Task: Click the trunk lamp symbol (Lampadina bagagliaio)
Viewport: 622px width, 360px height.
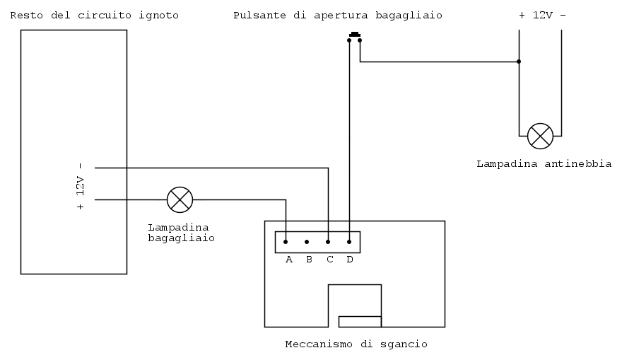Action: (180, 199)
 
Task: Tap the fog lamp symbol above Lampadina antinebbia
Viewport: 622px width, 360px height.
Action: (540, 136)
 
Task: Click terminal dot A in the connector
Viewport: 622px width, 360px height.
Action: (286, 242)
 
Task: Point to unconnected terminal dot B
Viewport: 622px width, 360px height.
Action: (307, 242)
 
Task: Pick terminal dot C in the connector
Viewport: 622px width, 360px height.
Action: (328, 242)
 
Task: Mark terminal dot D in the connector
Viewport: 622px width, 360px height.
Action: (349, 242)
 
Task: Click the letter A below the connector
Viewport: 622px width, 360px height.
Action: (289, 260)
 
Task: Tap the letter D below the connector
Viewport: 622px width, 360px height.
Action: (349, 260)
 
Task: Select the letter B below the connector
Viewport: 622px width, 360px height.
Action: (309, 260)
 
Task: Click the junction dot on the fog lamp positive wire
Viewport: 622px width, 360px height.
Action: (519, 62)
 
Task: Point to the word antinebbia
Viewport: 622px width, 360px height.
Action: (578, 164)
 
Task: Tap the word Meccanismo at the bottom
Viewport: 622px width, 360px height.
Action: (319, 344)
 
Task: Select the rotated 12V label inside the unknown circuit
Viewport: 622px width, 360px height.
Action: (81, 186)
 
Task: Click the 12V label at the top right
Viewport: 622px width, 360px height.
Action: (543, 16)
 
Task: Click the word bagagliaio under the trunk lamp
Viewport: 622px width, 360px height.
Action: (181, 238)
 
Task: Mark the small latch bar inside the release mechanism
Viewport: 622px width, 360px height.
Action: (360, 322)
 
